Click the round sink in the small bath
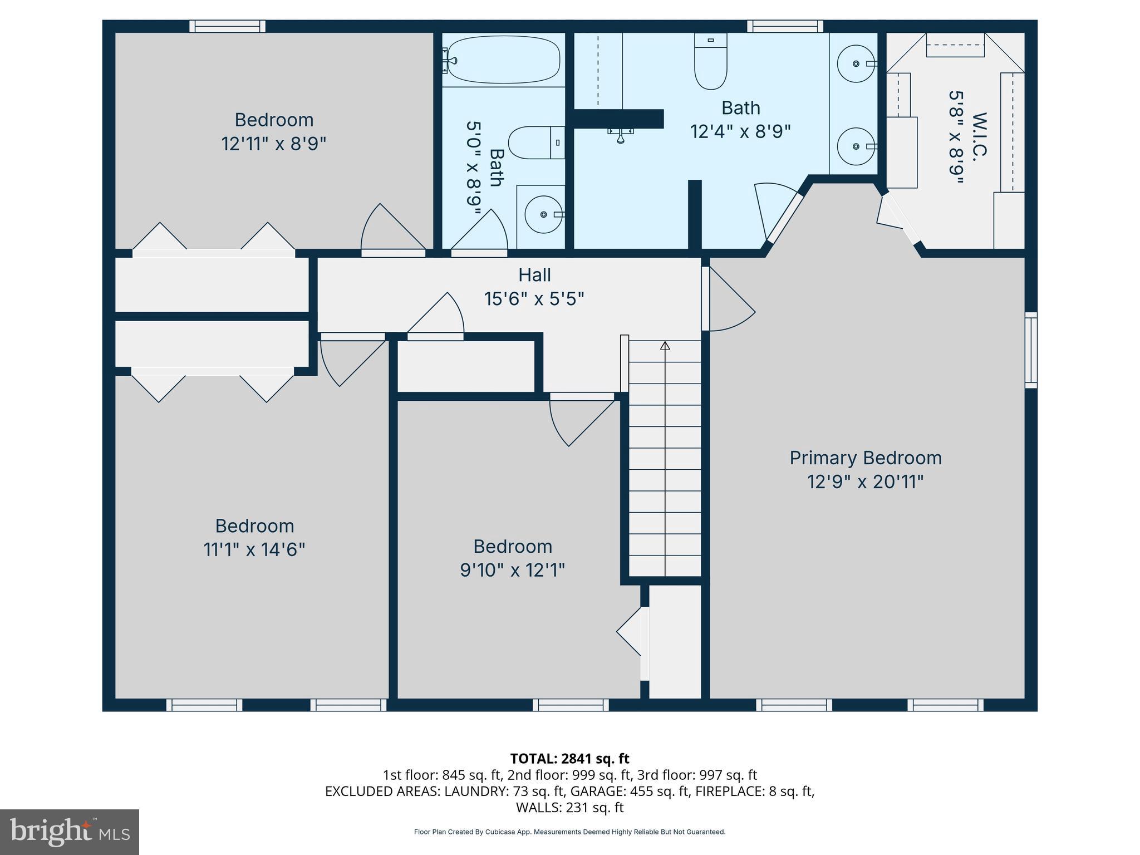pos(544,214)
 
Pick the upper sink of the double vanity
pos(856,64)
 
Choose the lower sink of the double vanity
pos(856,146)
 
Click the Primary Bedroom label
pos(866,458)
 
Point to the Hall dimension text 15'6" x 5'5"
pos(534,299)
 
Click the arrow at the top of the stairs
pos(665,346)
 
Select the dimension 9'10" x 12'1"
pos(512,571)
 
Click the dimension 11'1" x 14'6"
pos(254,550)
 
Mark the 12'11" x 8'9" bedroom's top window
pos(227,26)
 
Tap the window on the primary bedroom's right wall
pos(1031,350)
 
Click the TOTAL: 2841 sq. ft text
pos(569,759)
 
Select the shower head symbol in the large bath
pos(620,135)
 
